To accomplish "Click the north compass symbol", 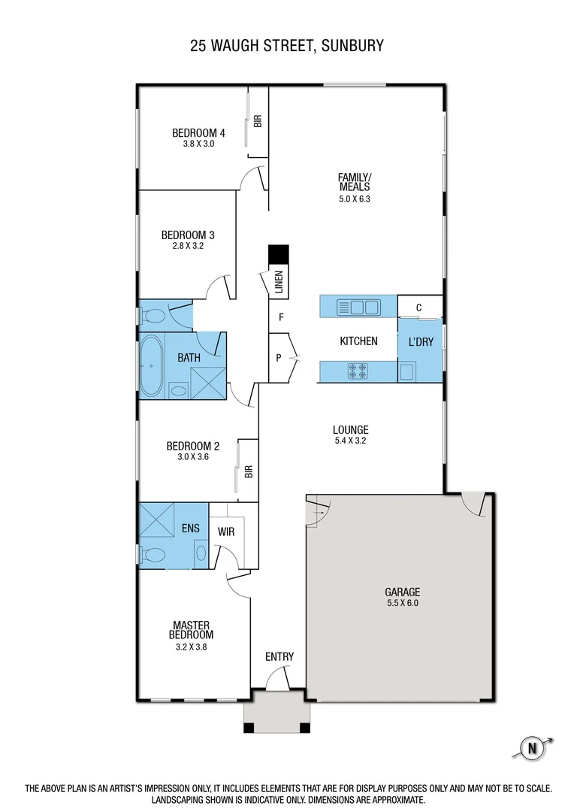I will coord(533,748).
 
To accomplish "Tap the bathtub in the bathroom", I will coord(152,366).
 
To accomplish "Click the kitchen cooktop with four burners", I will coord(358,371).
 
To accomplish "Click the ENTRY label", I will coord(279,656).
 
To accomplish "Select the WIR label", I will coord(227,531).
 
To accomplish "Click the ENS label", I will coord(190,528).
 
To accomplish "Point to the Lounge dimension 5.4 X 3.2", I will coord(350,441).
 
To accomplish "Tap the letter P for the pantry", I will coord(279,358).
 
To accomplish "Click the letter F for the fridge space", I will coord(280,317).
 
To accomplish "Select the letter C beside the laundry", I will coord(418,307).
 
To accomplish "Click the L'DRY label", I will coord(421,341).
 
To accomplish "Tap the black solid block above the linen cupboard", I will coord(279,255).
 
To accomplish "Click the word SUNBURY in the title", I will coord(352,46).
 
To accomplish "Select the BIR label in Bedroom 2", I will coord(249,471).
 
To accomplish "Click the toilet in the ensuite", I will coord(154,556).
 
